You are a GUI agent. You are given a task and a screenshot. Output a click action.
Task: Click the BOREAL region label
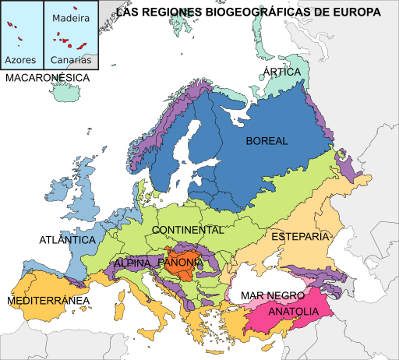click(x=267, y=141)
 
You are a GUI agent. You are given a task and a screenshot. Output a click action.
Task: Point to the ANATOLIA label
click(x=293, y=312)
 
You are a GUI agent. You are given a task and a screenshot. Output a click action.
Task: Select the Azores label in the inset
click(x=20, y=59)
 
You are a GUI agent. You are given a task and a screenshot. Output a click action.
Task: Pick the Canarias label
click(x=70, y=59)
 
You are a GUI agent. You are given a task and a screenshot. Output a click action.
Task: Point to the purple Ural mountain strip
click(x=320, y=117)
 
